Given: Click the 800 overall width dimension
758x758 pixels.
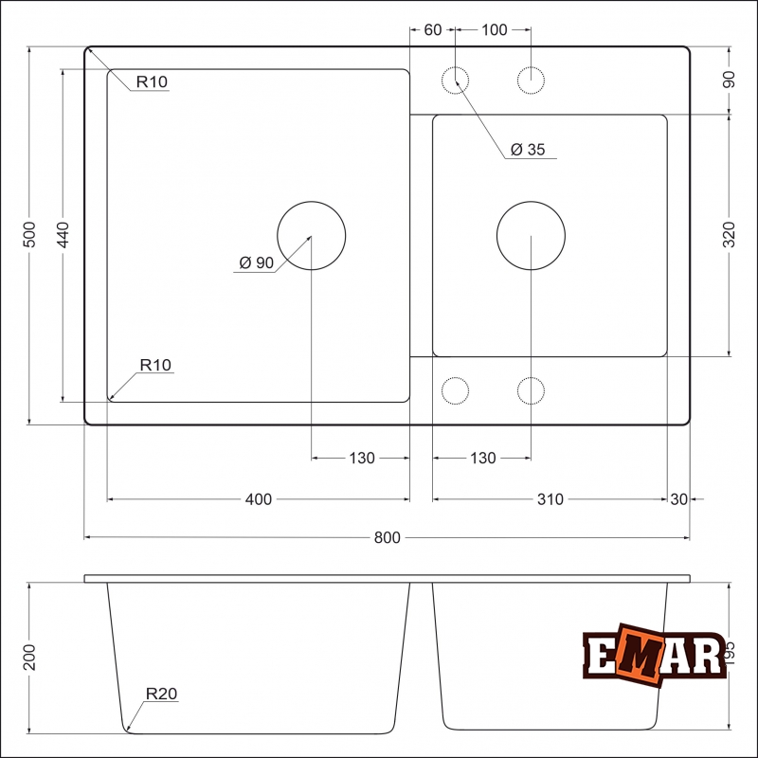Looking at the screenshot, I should pos(387,537).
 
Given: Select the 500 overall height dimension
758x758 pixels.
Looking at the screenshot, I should pos(28,235).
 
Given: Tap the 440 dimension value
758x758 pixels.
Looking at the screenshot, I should pos(63,235).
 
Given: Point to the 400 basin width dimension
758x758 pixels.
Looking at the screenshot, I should pos(259,499).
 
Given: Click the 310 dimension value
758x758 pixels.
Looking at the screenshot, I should pos(550,499).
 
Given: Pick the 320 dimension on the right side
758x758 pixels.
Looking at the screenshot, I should pos(729,235).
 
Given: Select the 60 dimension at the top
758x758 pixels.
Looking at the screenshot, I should pos(432,29).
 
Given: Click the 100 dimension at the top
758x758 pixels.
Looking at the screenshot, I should pos(494,29).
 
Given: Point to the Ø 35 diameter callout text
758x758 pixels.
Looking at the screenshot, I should pos(528,149).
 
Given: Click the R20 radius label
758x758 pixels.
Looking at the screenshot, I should pos(162,694).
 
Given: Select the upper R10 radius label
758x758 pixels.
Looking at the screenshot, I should pos(152,82).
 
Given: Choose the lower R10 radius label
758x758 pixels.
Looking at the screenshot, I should pos(155,365).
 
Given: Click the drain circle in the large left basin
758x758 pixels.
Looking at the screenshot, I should pos(312,235).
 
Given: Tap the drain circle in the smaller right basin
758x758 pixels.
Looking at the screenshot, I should pos(531,235).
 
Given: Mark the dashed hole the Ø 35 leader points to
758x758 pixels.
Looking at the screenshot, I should pos(456,81).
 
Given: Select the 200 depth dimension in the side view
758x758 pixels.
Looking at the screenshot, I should pos(28,657).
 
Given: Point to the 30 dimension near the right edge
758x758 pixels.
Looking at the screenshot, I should pos(679,499).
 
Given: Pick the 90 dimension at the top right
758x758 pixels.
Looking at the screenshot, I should pos(729,80).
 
